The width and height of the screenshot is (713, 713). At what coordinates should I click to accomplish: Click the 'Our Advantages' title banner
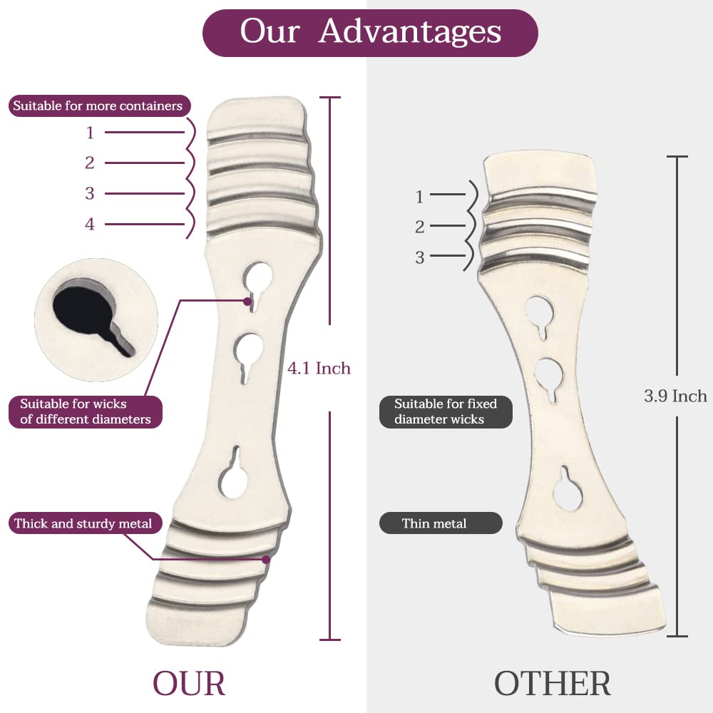pyautogui.click(x=370, y=33)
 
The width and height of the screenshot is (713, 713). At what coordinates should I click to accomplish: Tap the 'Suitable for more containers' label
pyautogui.click(x=98, y=107)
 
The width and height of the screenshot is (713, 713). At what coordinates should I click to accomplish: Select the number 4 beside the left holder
pyautogui.click(x=90, y=224)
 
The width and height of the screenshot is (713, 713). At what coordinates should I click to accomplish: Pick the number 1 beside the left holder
pyautogui.click(x=90, y=133)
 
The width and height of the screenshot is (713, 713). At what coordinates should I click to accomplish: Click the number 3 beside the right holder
pyautogui.click(x=419, y=257)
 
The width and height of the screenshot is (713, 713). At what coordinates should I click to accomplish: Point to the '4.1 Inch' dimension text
pyautogui.click(x=319, y=369)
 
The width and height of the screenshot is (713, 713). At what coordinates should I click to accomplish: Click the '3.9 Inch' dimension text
pyautogui.click(x=675, y=396)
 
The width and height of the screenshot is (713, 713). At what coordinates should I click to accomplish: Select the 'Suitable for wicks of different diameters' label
pyautogui.click(x=86, y=411)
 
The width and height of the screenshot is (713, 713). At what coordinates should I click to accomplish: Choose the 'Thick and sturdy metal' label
pyautogui.click(x=83, y=523)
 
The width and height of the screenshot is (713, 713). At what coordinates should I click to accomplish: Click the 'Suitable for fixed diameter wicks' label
pyautogui.click(x=446, y=411)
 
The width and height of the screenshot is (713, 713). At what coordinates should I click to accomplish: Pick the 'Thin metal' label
pyautogui.click(x=434, y=523)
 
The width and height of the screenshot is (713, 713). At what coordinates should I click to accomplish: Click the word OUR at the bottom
pyautogui.click(x=189, y=683)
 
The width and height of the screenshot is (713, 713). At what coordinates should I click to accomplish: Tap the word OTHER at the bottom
pyautogui.click(x=553, y=683)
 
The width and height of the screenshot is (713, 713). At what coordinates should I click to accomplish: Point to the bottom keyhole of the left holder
pyautogui.click(x=233, y=479)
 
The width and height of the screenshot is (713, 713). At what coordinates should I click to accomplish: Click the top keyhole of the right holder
pyautogui.click(x=541, y=312)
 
